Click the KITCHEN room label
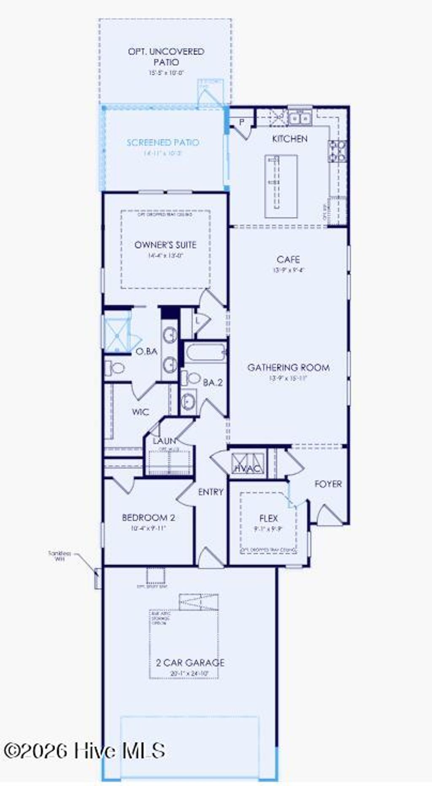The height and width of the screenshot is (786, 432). point(289,139)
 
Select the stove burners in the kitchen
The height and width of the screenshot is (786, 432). point(337,151)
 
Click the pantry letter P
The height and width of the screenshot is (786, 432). point(242,122)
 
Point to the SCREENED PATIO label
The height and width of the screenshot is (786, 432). point(163,143)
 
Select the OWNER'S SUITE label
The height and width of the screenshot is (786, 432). point(165,245)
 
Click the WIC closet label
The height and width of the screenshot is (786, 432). point(140,412)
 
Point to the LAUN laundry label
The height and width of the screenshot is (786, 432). point(164,441)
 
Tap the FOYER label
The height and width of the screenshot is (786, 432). point(328,484)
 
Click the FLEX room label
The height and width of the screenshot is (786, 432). point(268,518)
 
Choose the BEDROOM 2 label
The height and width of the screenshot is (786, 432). point(148,518)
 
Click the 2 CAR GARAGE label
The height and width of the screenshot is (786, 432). point(190,663)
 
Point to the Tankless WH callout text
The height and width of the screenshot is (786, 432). point(59,555)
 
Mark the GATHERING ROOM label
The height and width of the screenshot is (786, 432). point(289,367)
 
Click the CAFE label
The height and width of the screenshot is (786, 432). point(288,259)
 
